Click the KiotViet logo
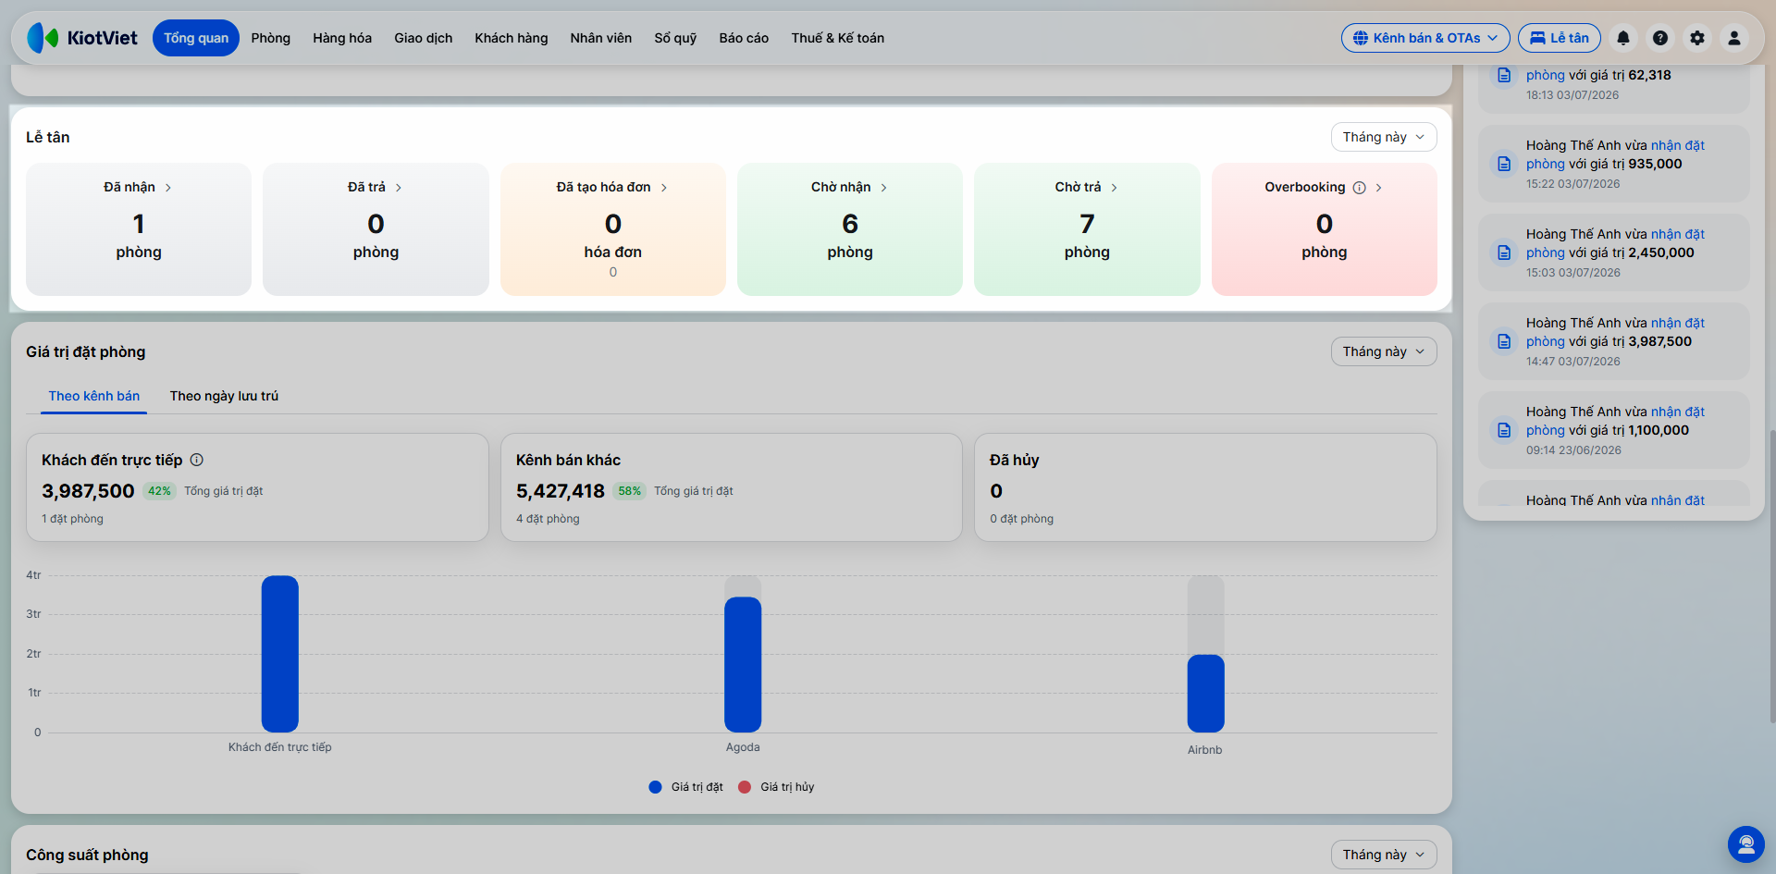[x=82, y=38]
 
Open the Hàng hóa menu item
[x=342, y=38]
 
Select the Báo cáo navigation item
[x=744, y=38]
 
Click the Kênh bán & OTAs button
[x=1425, y=38]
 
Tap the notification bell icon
[x=1623, y=38]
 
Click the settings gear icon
[x=1697, y=38]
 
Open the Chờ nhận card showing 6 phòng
[x=850, y=229]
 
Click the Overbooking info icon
[x=1359, y=188]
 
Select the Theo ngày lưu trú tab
[x=224, y=396]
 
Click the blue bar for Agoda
[x=743, y=664]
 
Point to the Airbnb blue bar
[x=1205, y=694]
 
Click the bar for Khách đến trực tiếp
[x=280, y=654]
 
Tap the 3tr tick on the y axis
[x=33, y=614]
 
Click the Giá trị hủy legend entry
[x=776, y=787]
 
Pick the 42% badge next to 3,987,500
[x=159, y=491]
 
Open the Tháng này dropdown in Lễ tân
[x=1384, y=137]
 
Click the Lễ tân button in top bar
[x=1560, y=38]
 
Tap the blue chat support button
[x=1746, y=844]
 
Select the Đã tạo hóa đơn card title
[x=603, y=187]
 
